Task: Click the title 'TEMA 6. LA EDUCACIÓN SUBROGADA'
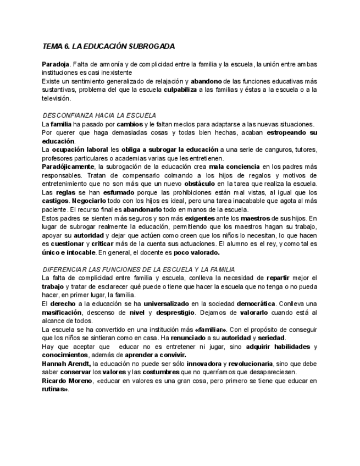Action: point(109,47)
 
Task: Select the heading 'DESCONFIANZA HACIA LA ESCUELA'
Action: point(99,115)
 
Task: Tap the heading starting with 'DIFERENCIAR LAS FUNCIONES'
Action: point(139,269)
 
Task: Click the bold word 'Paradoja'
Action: point(56,64)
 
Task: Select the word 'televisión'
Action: point(57,98)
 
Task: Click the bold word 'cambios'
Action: point(130,124)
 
